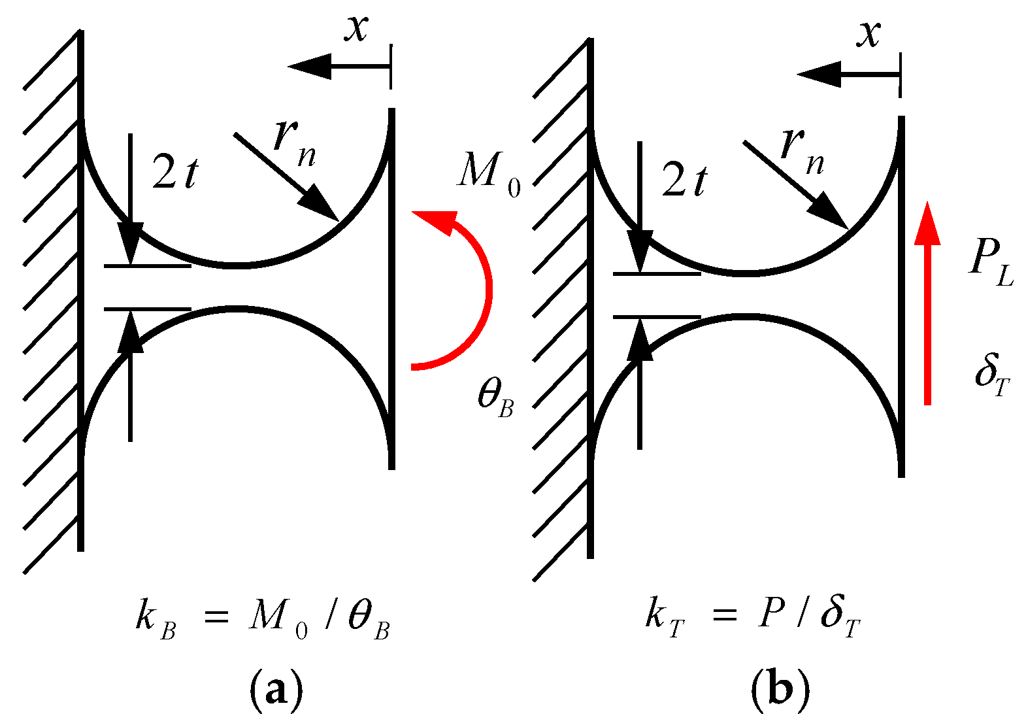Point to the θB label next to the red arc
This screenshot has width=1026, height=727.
(495, 396)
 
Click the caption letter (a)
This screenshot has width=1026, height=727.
(276, 689)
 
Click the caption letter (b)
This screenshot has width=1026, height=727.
(780, 689)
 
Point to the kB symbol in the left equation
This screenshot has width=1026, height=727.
(154, 618)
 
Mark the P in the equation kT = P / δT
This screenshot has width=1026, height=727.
(771, 615)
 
